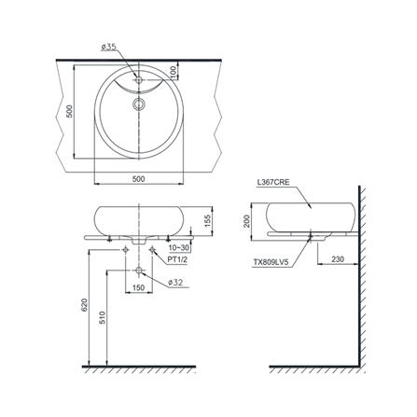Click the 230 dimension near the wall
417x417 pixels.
336,259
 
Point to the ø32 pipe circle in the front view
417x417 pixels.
139,271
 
